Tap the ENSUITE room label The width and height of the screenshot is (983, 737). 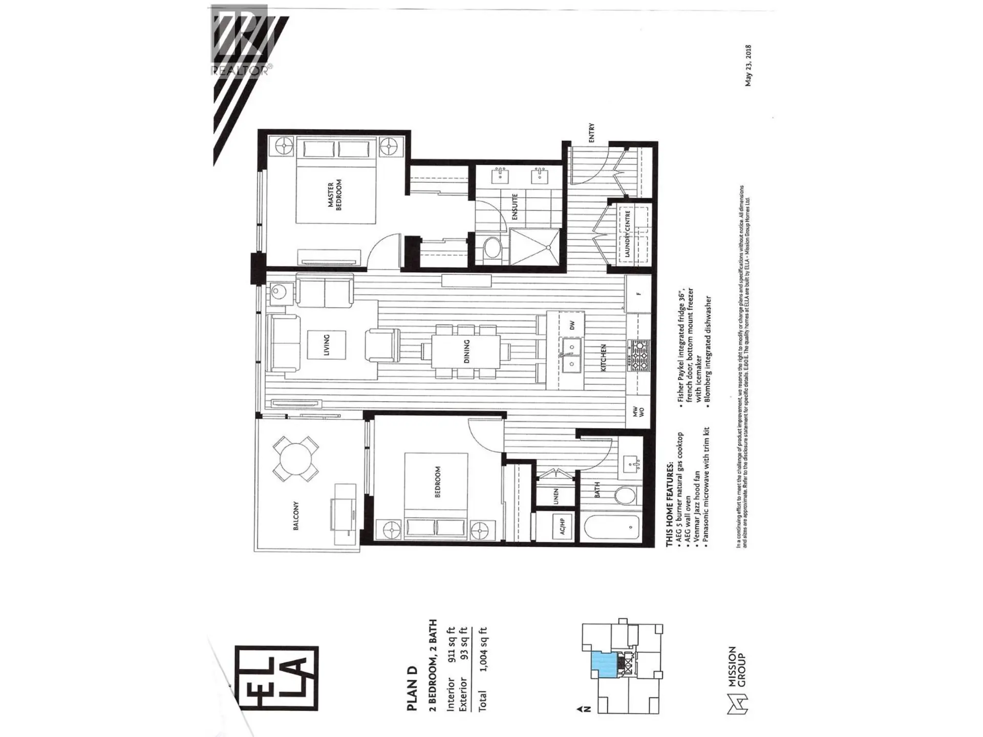(x=515, y=207)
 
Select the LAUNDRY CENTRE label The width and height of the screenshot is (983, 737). (x=627, y=234)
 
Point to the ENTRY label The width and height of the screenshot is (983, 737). (x=592, y=133)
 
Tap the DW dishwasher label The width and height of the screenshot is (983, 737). (x=572, y=325)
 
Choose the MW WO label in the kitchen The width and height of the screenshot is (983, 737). (x=638, y=411)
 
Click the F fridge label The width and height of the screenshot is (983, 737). (x=638, y=294)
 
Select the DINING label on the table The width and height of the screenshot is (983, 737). (x=466, y=351)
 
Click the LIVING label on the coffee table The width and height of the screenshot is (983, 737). (x=327, y=344)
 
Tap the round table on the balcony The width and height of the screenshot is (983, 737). (x=295, y=458)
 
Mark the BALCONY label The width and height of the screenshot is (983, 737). (x=296, y=515)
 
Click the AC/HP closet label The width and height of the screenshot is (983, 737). (x=562, y=526)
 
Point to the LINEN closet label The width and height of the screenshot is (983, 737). (x=556, y=496)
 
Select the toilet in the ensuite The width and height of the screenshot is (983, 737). (x=493, y=248)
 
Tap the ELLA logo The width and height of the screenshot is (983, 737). (x=276, y=678)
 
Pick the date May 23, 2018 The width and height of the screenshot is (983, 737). (x=748, y=66)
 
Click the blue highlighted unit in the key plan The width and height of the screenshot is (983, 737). (x=605, y=665)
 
